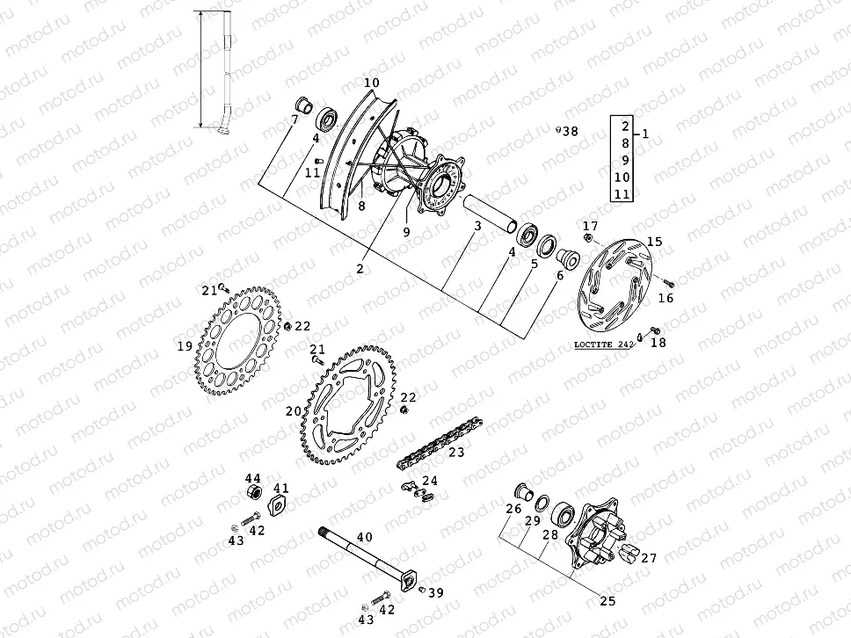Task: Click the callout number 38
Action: click(571, 132)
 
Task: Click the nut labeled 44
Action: click(254, 489)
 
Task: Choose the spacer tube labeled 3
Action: click(488, 214)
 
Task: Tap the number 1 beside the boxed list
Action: click(646, 134)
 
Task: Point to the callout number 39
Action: click(437, 592)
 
